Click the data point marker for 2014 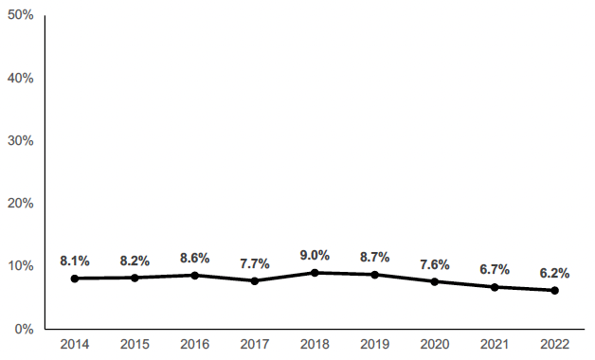pyautogui.click(x=75, y=279)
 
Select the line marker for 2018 pyautogui.click(x=315, y=273)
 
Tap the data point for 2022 pyautogui.click(x=554, y=290)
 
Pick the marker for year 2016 pyautogui.click(x=194, y=276)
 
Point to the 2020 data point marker pyautogui.click(x=435, y=281)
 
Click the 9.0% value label pyautogui.click(x=315, y=255)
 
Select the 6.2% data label pyautogui.click(x=554, y=273)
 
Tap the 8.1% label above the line pyautogui.click(x=75, y=261)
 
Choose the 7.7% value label pyautogui.click(x=255, y=263)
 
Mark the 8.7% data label pyautogui.click(x=374, y=257)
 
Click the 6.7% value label pyautogui.click(x=495, y=269)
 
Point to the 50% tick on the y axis pyautogui.click(x=21, y=15)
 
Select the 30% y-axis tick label pyautogui.click(x=21, y=140)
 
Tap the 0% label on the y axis pyautogui.click(x=25, y=329)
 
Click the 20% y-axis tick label pyautogui.click(x=21, y=204)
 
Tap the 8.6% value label pyautogui.click(x=194, y=258)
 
